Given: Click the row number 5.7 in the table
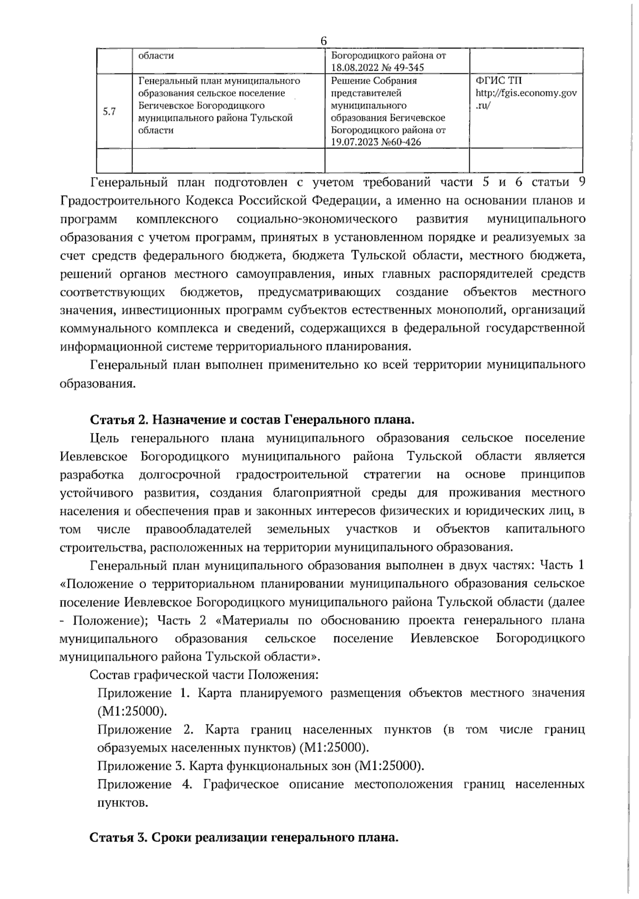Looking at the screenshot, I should coord(109,112).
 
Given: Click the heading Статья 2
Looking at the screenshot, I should coord(120,420).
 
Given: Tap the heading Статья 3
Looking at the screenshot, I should coord(120,838).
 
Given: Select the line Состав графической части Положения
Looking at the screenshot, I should coord(204,675).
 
